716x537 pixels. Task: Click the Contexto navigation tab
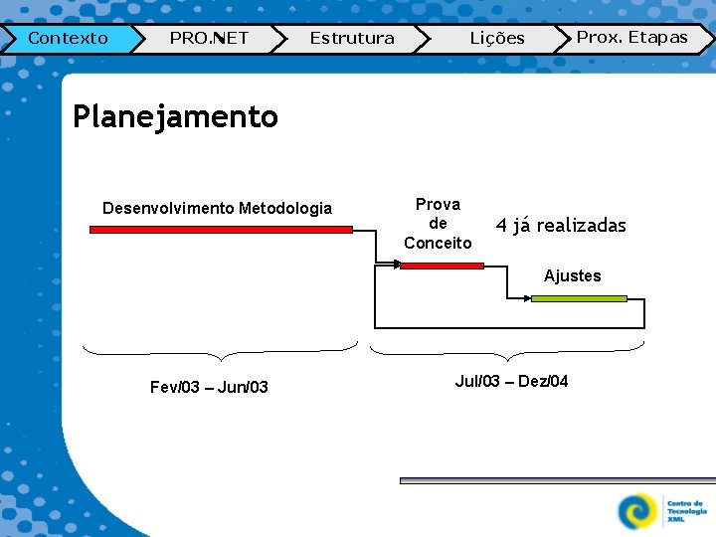pos(68,39)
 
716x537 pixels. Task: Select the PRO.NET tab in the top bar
pos(209,39)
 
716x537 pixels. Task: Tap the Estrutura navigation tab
pos(352,39)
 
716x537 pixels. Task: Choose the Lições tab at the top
pos(496,39)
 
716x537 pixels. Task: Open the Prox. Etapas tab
pos(632,38)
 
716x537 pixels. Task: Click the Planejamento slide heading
pos(176,116)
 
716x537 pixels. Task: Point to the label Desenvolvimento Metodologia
pos(217,208)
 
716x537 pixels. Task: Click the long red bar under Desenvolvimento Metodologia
pos(221,230)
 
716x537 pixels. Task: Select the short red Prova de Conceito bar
pos(442,266)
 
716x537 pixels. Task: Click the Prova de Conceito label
pos(438,223)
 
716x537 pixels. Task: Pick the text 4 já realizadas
pos(561,226)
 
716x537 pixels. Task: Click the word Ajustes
pos(572,276)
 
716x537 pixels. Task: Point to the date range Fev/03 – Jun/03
pos(209,387)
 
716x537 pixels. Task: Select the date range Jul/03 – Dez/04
pos(511,381)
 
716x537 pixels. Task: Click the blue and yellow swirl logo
pos(637,511)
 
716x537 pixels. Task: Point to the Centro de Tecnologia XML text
pos(686,511)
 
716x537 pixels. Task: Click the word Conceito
pos(438,243)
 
